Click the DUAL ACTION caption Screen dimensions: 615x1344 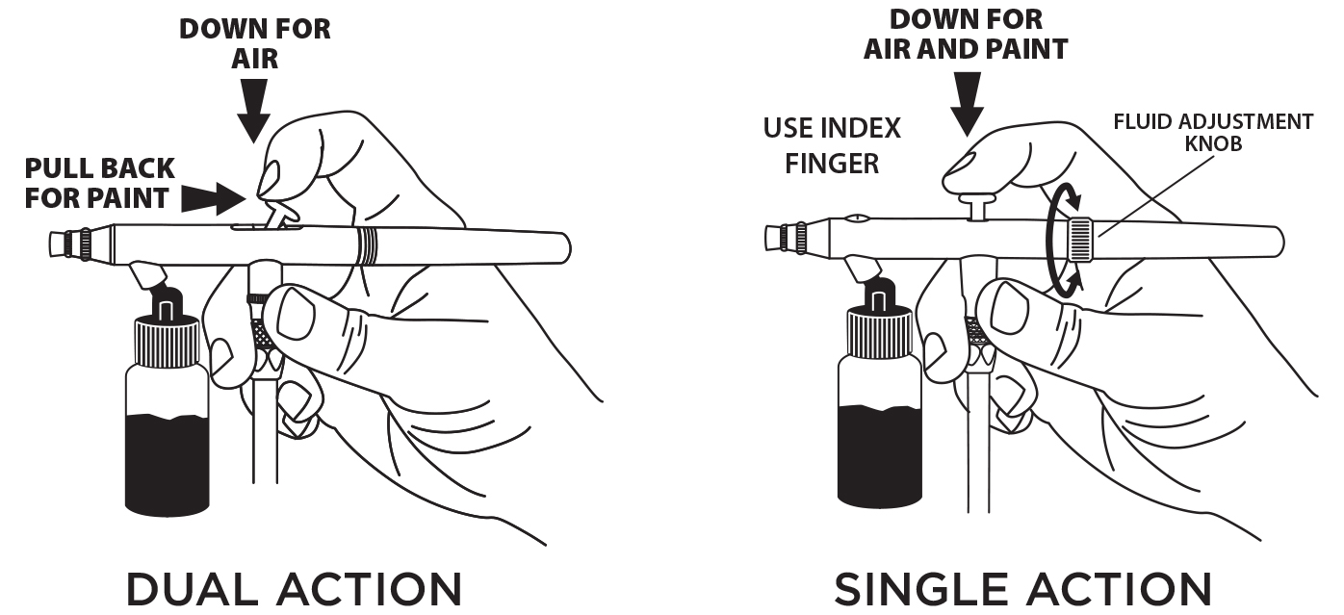click(294, 589)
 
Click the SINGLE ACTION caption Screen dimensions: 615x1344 click(1021, 589)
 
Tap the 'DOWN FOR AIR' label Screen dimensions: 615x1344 click(255, 43)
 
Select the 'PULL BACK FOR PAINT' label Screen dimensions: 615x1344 click(100, 184)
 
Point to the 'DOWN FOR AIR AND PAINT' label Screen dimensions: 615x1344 click(966, 34)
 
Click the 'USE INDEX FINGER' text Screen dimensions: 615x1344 click(832, 145)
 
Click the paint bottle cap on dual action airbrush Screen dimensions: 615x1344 click(168, 342)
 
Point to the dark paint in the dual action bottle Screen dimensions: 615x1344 click(168, 462)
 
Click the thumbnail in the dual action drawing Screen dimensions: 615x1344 click(298, 312)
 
